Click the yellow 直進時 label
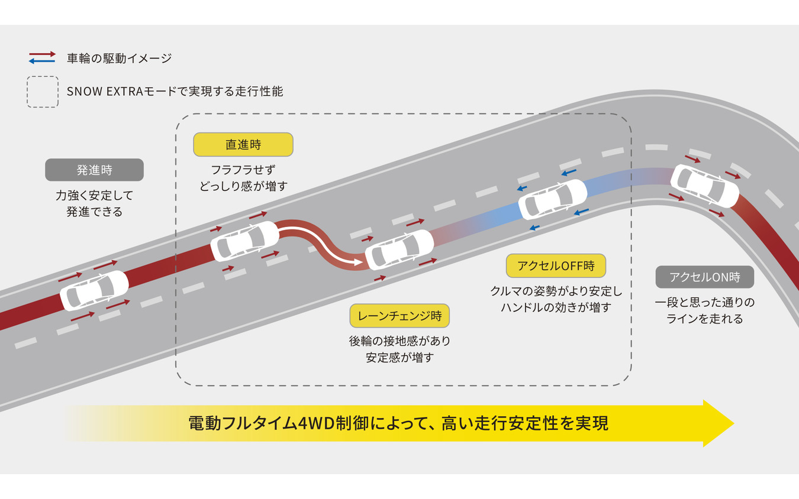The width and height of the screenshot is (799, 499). [243, 145]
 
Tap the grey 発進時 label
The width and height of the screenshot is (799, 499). [95, 170]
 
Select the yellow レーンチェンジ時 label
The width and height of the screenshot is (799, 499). [399, 316]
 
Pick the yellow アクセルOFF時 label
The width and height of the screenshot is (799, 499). [556, 266]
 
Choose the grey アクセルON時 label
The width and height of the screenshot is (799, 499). [705, 277]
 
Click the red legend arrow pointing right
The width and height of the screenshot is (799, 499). [43, 54]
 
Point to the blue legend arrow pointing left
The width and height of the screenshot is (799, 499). [42, 61]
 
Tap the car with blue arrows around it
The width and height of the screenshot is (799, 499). [552, 199]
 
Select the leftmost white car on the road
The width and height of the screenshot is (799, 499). [94, 290]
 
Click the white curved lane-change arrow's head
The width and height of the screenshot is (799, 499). [358, 263]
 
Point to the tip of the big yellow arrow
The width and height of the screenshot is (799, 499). [734, 423]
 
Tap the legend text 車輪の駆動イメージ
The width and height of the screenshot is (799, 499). [120, 58]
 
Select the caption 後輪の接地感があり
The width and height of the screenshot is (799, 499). [399, 341]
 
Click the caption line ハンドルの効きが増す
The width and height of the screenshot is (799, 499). [556, 307]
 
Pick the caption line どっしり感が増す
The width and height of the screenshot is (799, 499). [243, 186]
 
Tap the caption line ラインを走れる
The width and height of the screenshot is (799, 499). [705, 319]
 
